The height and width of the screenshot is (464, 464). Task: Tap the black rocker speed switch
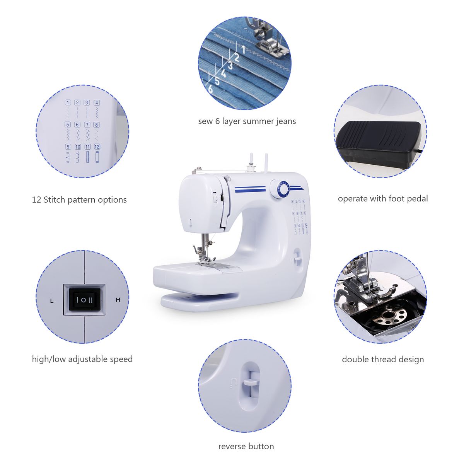point(84,300)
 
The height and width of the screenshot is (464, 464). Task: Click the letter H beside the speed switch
point(118,300)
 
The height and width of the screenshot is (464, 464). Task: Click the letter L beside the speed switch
point(52,301)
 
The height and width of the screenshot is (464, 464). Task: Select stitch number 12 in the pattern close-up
point(97,147)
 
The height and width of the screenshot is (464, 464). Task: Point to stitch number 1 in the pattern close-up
point(68,102)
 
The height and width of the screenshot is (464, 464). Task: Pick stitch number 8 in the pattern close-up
point(97,125)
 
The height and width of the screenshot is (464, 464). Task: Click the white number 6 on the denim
point(210,89)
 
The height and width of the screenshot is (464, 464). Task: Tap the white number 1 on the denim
point(244,49)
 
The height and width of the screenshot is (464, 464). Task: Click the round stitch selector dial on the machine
point(279,189)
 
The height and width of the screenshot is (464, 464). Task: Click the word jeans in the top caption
point(286,121)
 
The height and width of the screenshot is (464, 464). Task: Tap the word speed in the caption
point(121,359)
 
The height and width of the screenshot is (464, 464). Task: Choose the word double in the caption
point(355,359)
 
